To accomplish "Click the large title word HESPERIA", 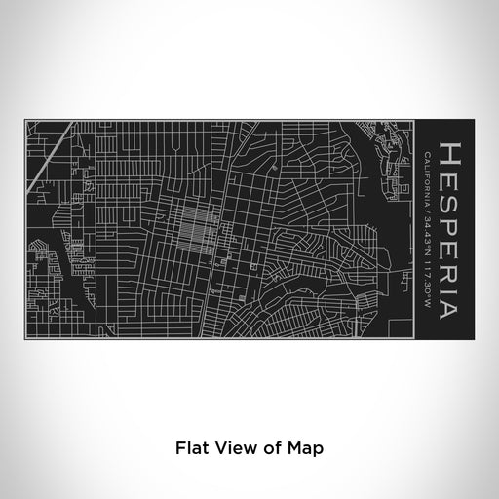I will (x=452, y=229).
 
